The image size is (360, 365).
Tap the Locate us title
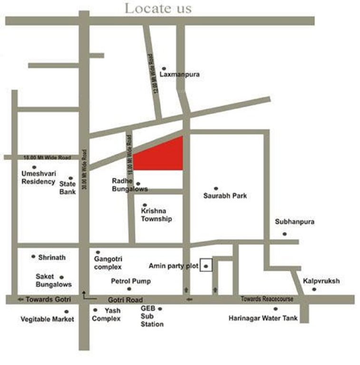[158, 9]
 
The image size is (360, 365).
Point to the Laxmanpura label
[179, 75]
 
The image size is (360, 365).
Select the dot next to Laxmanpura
[164, 68]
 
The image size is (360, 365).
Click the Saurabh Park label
[225, 195]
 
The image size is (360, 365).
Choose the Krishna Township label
[156, 214]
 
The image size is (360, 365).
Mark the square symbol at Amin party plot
[205, 265]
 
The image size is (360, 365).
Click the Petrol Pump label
[131, 281]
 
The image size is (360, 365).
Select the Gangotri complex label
[108, 263]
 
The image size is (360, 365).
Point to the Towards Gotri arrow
[20, 299]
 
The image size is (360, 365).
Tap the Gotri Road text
[125, 300]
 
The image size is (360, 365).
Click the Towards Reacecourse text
[267, 299]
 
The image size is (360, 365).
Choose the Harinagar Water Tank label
[263, 318]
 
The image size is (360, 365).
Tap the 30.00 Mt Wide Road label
[84, 168]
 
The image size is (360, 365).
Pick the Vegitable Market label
[47, 319]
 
